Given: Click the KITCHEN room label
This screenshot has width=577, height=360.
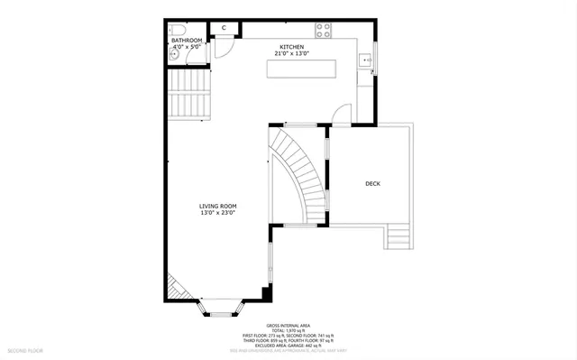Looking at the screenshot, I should tap(291, 47).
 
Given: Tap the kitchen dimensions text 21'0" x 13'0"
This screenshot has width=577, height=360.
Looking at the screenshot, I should tap(291, 54).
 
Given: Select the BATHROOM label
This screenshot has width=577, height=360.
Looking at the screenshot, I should tap(187, 41).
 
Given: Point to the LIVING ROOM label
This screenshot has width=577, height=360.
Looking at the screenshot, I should tap(218, 207).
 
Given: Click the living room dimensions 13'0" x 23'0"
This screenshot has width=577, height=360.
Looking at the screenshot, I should tap(218, 214).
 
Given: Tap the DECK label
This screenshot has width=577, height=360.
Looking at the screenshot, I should tap(372, 184).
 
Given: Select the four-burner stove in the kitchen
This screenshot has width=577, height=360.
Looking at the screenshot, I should tap(322, 29).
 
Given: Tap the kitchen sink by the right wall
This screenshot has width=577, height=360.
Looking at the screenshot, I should tap(364, 61).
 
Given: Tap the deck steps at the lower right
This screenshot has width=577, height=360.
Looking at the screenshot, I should tap(398, 237).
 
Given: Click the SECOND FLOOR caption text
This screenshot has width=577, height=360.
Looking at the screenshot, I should tap(26, 348).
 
